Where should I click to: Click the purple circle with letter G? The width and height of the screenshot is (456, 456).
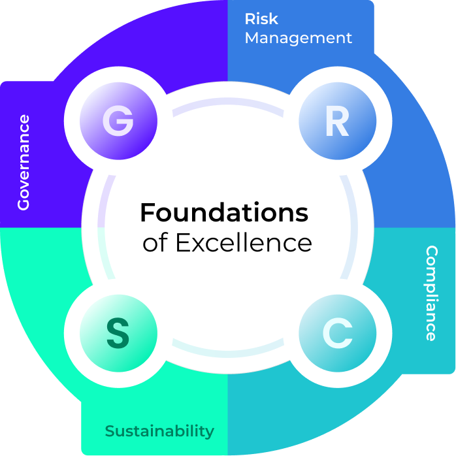tap(118, 121)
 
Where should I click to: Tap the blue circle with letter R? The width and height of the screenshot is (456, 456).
tap(337, 121)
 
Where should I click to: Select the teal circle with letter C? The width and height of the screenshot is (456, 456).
tap(337, 334)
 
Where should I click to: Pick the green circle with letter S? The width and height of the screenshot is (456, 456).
tap(118, 334)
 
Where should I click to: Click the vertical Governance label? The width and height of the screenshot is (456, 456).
tap(24, 162)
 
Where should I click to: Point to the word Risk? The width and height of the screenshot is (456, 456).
tap(261, 19)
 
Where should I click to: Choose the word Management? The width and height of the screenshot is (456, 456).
tap(299, 38)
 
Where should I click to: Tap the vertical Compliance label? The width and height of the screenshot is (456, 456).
tap(431, 293)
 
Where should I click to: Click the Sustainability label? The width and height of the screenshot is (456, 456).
tap(159, 431)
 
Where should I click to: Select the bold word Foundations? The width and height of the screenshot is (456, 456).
tap(224, 212)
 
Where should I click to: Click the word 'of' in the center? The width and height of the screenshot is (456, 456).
tap(155, 243)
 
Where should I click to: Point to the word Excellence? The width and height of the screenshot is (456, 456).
tap(244, 243)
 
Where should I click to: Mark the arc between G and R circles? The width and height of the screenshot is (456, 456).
tap(227, 106)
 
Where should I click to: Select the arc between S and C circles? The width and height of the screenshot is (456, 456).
tap(227, 350)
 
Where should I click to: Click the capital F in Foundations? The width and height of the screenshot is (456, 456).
tap(148, 212)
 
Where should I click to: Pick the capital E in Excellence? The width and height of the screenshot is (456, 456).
tap(183, 243)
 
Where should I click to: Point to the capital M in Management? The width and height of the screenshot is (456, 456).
tap(253, 38)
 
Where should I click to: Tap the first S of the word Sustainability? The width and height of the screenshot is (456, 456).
tap(110, 431)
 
